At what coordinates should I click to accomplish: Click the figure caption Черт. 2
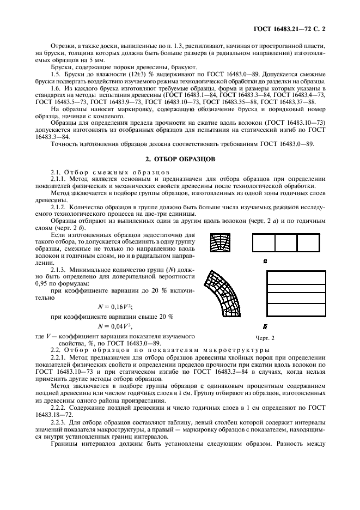(x=265, y=338)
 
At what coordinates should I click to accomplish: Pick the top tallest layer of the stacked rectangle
(x=290, y=277)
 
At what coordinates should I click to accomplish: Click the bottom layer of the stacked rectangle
(x=290, y=317)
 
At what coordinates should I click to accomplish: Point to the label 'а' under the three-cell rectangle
(x=265, y=262)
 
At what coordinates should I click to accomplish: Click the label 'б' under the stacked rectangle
(x=265, y=327)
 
